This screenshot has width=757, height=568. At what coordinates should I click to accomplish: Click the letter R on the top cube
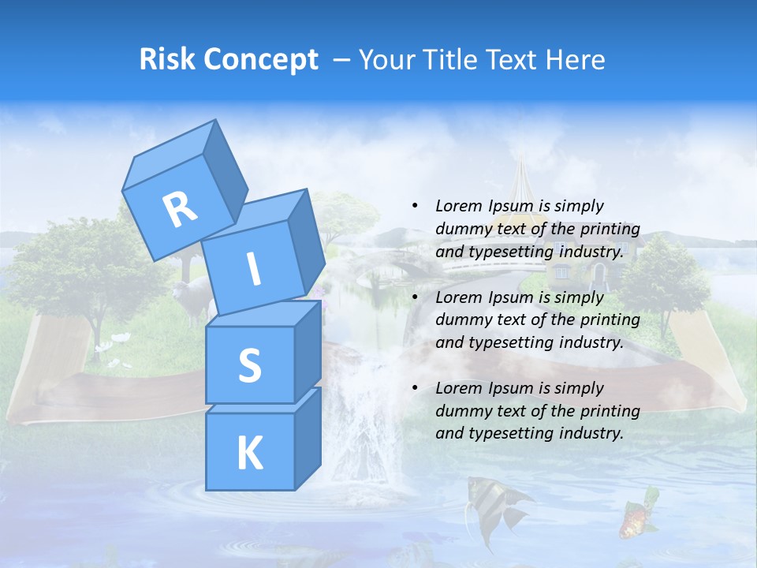[x=180, y=209]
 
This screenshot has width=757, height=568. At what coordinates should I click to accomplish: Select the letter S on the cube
[x=249, y=365]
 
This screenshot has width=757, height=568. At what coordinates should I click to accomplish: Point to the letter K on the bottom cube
[x=249, y=454]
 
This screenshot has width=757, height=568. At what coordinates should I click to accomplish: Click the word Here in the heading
[x=576, y=59]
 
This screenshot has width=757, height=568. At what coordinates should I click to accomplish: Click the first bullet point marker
[x=416, y=206]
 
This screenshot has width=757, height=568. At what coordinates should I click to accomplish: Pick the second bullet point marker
[x=416, y=297]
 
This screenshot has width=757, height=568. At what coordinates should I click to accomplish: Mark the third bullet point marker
[x=416, y=388]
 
